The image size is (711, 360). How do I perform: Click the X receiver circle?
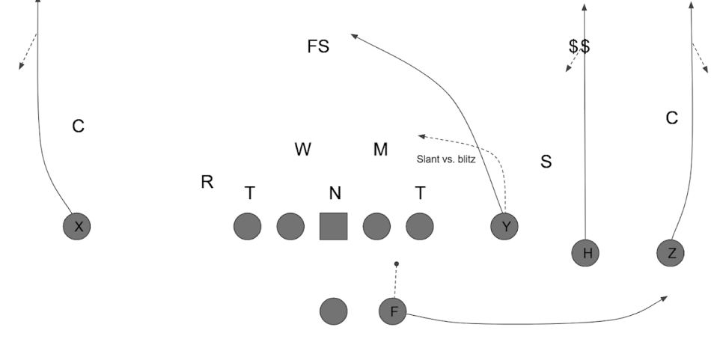(77, 226)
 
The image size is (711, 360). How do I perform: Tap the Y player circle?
(504, 226)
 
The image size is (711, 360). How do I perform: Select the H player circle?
(587, 253)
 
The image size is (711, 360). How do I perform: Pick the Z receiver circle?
(671, 253)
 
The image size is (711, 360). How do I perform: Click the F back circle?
(393, 311)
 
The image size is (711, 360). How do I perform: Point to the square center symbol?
(334, 226)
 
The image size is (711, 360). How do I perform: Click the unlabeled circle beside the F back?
(333, 311)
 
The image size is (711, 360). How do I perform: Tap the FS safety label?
(318, 46)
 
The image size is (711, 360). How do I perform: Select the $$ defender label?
(579, 46)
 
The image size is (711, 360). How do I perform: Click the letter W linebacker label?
(302, 150)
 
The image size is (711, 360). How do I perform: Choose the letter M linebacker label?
(381, 150)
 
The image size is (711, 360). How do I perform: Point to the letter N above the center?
(335, 194)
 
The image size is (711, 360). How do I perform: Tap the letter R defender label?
(207, 182)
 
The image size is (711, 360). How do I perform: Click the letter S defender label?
(546, 162)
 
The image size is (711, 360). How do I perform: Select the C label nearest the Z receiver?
(672, 118)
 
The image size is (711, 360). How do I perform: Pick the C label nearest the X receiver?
(78, 126)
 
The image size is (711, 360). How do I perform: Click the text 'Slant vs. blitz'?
(446, 159)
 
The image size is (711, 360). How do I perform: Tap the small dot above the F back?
(397, 263)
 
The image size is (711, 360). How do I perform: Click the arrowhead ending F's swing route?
(665, 298)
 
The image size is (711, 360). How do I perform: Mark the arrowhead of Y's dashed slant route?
(421, 135)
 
